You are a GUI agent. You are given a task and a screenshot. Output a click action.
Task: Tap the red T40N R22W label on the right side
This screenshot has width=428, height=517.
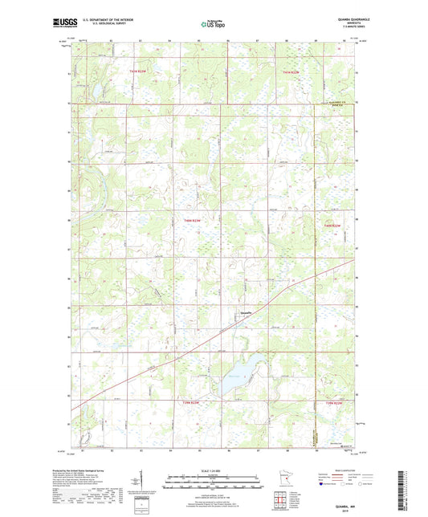click(x=332, y=226)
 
